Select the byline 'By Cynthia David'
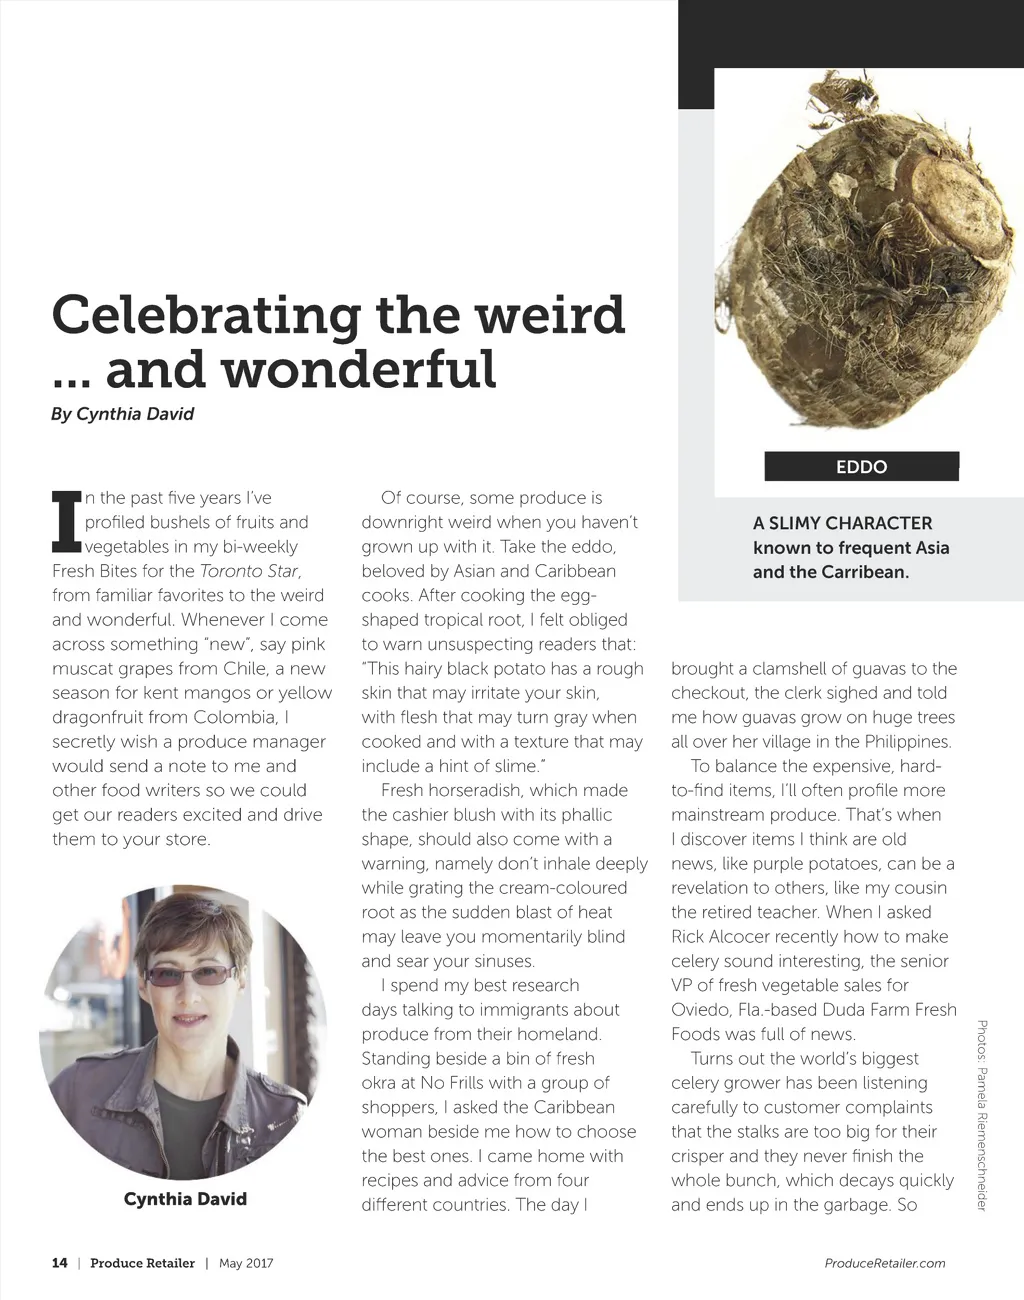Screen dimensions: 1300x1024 122,414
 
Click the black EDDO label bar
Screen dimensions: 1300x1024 861,466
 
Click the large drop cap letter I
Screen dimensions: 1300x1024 66,521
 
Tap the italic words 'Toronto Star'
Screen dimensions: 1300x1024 249,571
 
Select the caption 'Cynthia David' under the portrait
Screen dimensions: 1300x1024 185,1199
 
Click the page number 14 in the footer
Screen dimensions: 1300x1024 60,1263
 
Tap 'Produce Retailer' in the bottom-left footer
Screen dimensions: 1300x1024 142,1263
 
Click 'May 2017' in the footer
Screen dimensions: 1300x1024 246,1263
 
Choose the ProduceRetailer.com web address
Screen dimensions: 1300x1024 885,1263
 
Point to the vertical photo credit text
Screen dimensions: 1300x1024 982,1115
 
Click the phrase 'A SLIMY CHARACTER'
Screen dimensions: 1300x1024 842,523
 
